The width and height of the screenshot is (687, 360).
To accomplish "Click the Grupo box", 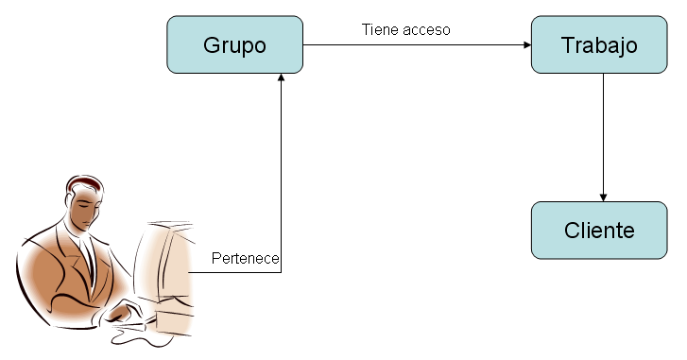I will tap(235, 44).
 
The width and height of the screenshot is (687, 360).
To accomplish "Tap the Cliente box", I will tap(599, 231).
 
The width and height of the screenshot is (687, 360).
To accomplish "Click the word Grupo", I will tap(235, 45).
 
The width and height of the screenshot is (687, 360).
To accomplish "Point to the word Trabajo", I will tap(599, 45).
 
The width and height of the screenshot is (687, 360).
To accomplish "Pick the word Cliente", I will tap(599, 231).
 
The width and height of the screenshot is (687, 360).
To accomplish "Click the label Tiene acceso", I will tap(405, 29).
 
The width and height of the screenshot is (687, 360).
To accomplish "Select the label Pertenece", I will tap(246, 259).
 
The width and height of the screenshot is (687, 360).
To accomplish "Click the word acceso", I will tap(427, 29).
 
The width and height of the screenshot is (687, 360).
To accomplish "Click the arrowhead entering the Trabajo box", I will tap(526, 44).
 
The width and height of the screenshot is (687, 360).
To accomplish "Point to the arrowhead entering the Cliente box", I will tap(604, 197).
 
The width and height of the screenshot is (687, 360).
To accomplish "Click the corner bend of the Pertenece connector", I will tap(282, 272).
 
